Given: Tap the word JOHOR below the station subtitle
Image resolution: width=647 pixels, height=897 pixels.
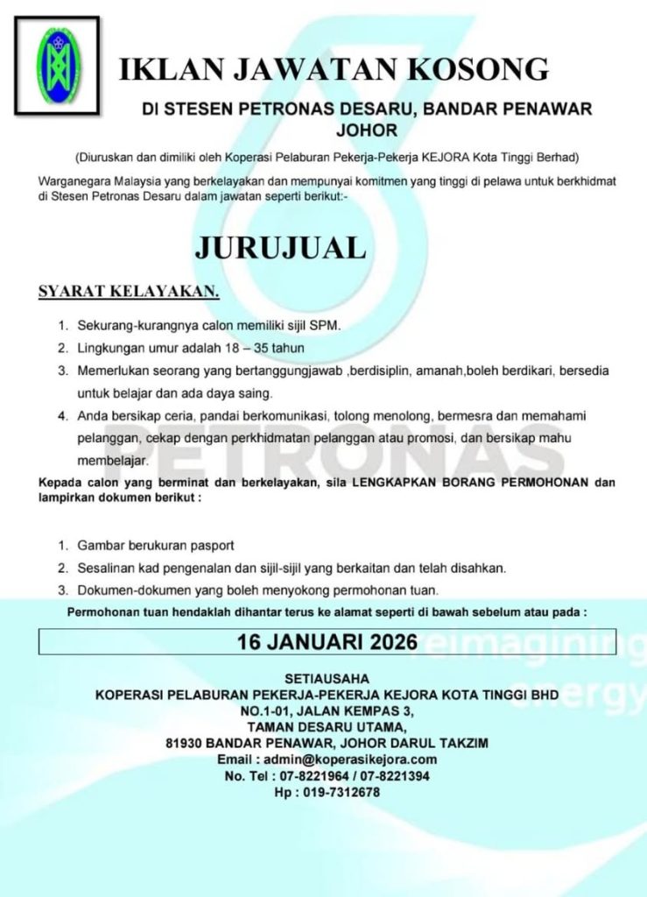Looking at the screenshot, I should coord(367,131).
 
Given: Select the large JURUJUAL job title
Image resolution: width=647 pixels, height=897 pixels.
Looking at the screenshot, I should coord(280,247).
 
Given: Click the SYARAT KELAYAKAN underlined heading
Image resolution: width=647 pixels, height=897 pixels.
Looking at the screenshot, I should coord(128,292).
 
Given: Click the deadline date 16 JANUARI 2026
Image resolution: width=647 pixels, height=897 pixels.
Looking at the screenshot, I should coord(327,641).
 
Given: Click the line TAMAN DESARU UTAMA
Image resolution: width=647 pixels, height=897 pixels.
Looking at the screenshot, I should coord(327,726).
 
